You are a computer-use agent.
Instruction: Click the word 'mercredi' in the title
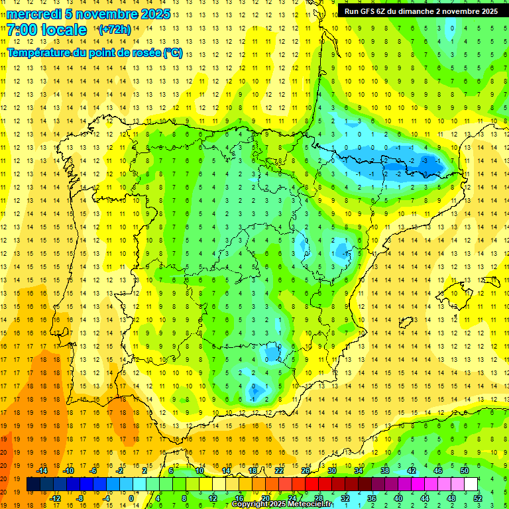point(34,14)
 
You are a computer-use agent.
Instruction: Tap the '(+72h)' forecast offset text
point(114,30)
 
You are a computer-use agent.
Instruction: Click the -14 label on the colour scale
point(42,471)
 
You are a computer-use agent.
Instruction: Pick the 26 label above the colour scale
point(306,471)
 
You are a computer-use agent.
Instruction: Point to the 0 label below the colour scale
point(131,498)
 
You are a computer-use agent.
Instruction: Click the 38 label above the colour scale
point(384,471)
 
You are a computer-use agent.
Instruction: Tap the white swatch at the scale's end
point(471,484)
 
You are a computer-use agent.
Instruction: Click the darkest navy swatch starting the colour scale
point(33,484)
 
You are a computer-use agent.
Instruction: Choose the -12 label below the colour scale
point(55,498)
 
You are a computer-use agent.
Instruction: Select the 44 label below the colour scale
point(425,498)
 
